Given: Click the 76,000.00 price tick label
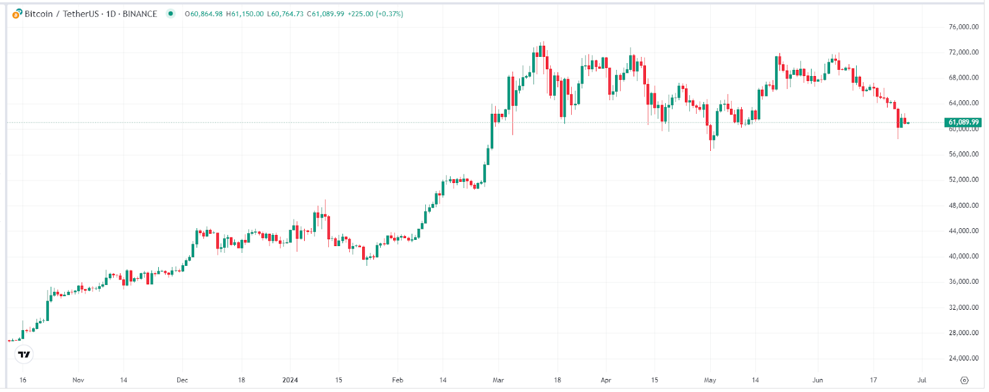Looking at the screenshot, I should point(963,27).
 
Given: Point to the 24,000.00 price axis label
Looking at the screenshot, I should point(963,358).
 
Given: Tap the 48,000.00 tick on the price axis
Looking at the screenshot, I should point(963,205).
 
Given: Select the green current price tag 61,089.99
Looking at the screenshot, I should point(963,122).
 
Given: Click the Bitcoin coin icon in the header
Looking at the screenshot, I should point(17,14).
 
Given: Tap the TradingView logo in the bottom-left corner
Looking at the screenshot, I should point(24,354).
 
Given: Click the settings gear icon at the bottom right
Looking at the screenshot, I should point(964,380).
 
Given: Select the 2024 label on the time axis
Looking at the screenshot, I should point(290,380).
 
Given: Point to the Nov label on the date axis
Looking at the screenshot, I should point(78,380).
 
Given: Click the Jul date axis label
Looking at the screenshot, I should point(922,380).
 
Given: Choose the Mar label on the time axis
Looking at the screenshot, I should point(498,380).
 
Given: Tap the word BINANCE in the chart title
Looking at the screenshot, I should point(140,14).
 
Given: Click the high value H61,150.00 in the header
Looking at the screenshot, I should point(245,14).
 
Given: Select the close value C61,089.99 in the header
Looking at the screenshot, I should point(326,14).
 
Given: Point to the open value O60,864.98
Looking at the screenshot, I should point(204,14).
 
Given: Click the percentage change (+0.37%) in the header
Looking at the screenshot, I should point(389,14).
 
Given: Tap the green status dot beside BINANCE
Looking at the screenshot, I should point(171,14).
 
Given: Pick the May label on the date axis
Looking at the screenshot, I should point(710,380).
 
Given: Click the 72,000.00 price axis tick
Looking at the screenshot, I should point(963,53).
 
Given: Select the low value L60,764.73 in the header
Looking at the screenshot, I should point(285,14).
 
